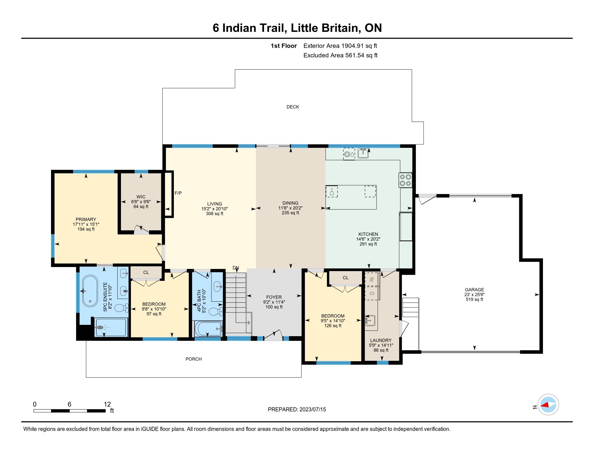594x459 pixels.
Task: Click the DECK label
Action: (293, 107)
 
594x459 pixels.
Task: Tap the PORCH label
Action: (194, 359)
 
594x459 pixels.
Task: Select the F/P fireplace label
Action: (178, 193)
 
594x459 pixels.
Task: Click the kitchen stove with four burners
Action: (405, 180)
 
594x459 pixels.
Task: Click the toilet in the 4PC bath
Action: (217, 312)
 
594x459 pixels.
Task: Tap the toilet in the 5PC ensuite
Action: (122, 308)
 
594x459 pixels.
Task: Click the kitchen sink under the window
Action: (363, 153)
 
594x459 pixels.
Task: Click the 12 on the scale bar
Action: (107, 404)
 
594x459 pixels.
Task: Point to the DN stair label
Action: (236, 268)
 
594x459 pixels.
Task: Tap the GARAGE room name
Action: (474, 290)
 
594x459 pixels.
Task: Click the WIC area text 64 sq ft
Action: (141, 207)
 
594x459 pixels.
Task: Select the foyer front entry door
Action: (273, 336)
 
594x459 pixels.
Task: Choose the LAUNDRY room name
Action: (381, 340)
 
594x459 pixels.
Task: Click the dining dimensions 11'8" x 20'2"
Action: (290, 208)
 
